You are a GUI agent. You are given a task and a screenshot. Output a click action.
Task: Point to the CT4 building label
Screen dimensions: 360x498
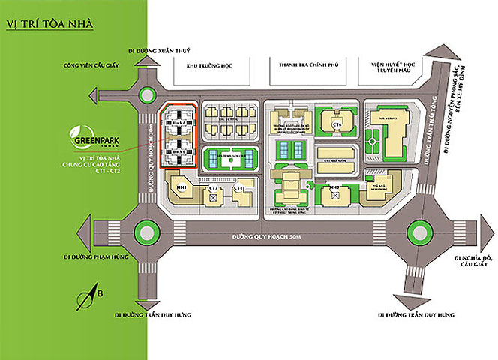pos(238,188)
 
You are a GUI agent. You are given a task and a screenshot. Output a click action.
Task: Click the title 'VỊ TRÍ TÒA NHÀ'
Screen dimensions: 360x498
pos(49,23)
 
